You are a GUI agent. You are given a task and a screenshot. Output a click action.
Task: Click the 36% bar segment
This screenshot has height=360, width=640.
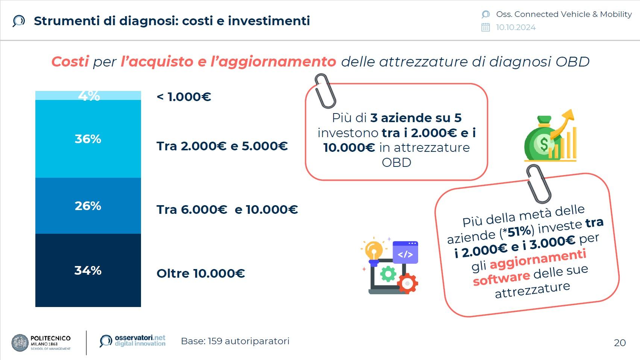point(88,139)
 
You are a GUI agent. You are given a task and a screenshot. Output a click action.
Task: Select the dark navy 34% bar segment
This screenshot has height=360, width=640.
point(88,270)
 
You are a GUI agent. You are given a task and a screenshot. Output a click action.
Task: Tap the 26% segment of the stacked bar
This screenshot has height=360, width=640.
point(88,206)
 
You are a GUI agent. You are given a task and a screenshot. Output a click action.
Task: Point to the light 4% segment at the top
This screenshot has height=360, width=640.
point(88,96)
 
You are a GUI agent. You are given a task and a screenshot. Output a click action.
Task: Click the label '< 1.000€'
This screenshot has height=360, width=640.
point(184,97)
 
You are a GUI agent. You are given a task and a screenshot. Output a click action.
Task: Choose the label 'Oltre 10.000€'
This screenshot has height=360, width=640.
point(200,274)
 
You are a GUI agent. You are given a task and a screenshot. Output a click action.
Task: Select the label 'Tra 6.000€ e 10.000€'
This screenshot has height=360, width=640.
point(227,210)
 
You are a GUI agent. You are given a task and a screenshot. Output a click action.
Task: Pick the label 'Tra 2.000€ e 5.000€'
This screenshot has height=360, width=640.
point(222,146)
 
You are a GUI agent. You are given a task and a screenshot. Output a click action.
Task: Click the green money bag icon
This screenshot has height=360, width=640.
point(543,138)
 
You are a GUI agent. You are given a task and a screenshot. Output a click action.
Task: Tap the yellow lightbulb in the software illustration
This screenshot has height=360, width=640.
point(373,251)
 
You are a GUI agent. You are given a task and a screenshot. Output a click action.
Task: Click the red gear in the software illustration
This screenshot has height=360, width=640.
point(408,283)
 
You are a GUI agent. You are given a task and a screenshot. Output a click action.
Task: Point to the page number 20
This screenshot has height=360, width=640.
point(620,343)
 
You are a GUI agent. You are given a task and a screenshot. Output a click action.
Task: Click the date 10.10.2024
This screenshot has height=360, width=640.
point(516,27)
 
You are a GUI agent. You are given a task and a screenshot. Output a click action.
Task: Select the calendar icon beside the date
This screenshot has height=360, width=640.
point(485,27)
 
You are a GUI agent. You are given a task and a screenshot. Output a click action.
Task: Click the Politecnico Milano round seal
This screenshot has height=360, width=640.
point(20,343)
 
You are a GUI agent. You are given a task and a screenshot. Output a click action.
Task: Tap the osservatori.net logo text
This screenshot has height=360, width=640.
point(140,340)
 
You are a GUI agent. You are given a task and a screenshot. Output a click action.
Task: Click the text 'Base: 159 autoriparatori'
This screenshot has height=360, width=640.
point(235,341)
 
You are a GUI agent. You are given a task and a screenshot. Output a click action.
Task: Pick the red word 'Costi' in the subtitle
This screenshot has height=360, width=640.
point(70,62)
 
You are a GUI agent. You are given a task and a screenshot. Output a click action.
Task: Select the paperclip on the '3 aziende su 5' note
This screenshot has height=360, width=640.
point(325,91)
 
